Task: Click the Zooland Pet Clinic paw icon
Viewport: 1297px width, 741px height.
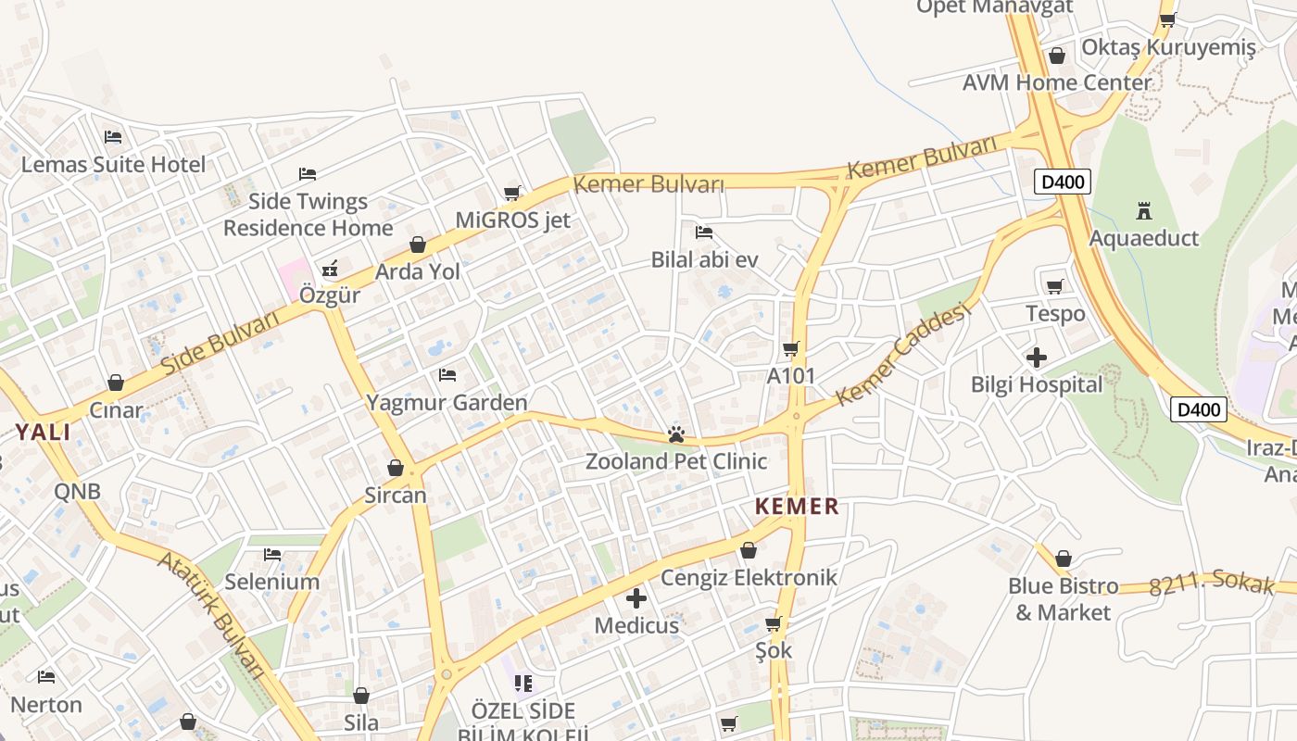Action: click(676, 434)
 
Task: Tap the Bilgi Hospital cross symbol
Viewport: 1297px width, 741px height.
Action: click(1037, 357)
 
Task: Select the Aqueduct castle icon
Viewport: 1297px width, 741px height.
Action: click(1144, 211)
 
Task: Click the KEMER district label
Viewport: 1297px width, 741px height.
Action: click(797, 507)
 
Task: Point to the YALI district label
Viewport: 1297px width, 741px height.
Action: click(43, 432)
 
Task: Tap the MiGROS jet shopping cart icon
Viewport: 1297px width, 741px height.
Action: click(511, 193)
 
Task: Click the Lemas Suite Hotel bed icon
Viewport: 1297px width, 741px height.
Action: click(113, 137)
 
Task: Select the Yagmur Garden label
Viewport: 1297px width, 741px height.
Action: click(447, 402)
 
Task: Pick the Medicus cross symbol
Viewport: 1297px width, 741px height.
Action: click(636, 598)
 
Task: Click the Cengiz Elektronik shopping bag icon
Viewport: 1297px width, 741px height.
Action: click(749, 551)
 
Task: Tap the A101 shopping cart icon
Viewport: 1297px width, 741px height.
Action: click(790, 349)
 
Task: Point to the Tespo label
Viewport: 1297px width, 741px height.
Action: click(1055, 314)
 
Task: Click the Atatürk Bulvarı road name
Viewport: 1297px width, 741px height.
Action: click(212, 615)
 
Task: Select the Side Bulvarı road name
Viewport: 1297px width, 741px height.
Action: click(220, 344)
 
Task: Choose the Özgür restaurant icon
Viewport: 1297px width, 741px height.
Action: click(329, 270)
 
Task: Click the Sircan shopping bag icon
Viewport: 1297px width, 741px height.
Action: click(396, 469)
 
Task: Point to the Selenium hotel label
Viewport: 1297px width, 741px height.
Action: click(272, 582)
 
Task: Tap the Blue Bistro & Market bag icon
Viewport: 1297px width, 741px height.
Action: click(1064, 559)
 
